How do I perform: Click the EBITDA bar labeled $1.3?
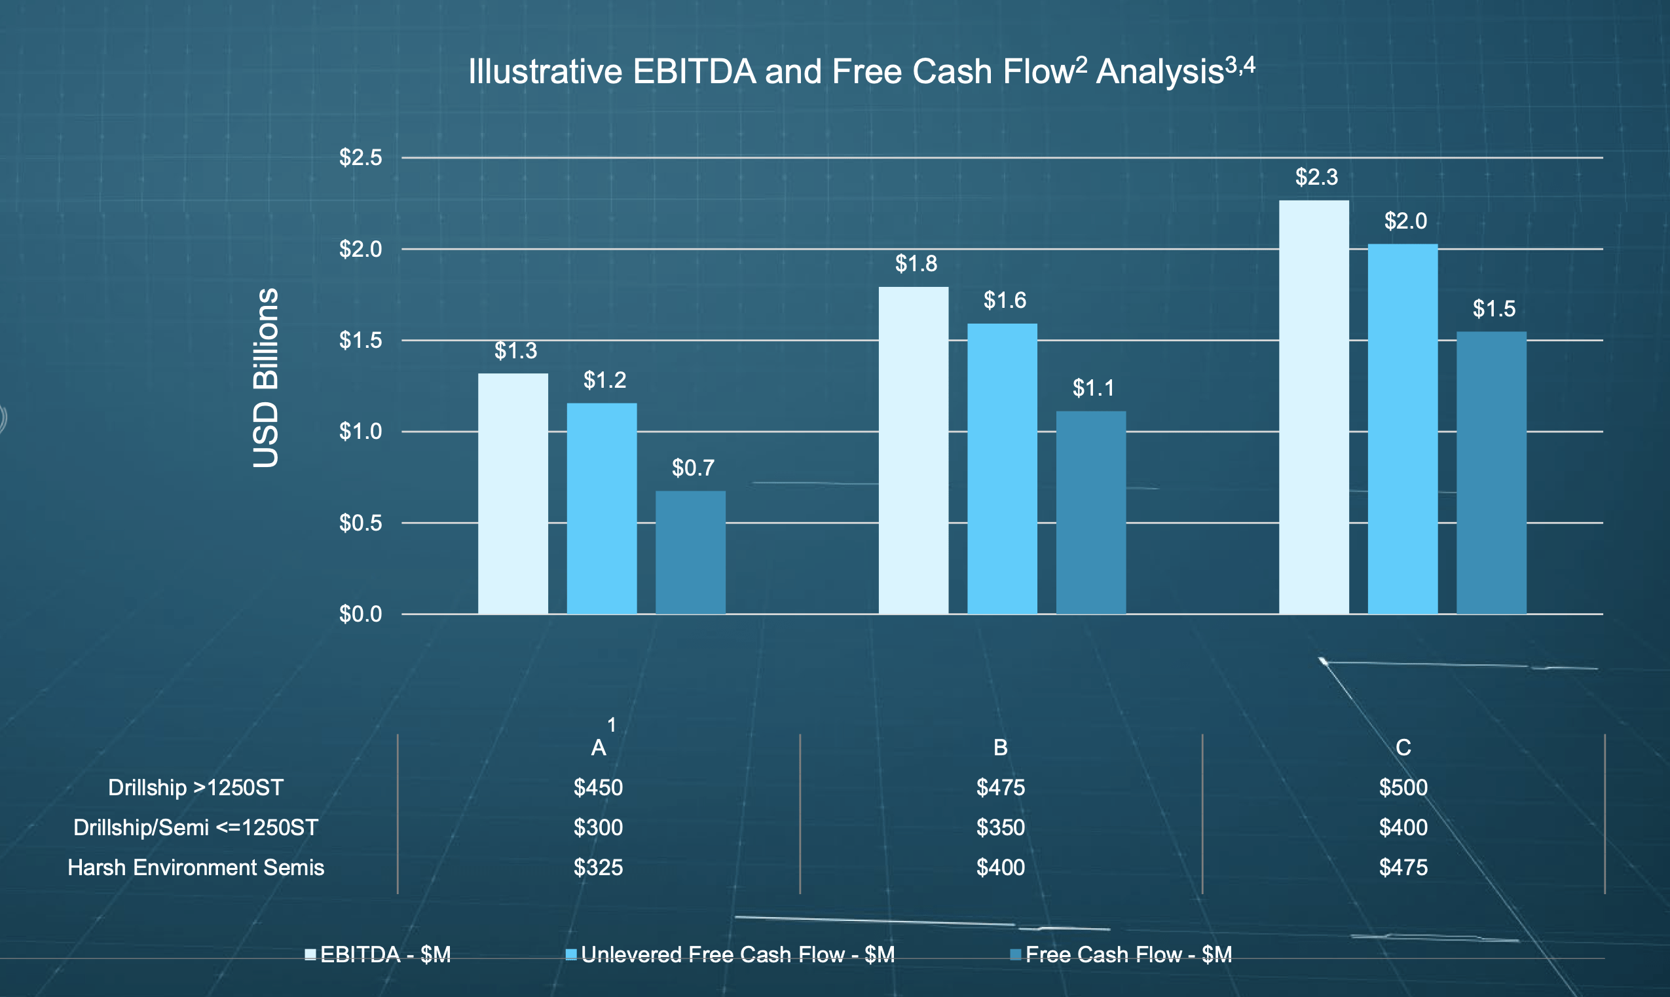click(x=513, y=494)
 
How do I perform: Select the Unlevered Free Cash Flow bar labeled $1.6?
click(x=1002, y=469)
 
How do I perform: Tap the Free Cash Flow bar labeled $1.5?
click(x=1491, y=473)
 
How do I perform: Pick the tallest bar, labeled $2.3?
click(x=1314, y=407)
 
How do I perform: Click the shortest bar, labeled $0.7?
click(x=690, y=552)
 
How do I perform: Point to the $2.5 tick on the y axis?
click(x=360, y=158)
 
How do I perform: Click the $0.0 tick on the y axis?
click(x=360, y=614)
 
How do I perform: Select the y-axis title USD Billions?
click(x=266, y=377)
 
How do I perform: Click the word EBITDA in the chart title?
click(x=694, y=72)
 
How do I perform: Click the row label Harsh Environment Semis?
click(x=196, y=867)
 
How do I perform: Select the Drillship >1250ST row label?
click(x=196, y=787)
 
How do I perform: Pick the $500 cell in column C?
click(x=1403, y=787)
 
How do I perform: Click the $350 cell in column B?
click(x=1001, y=828)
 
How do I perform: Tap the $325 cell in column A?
click(x=598, y=867)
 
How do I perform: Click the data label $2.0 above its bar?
click(x=1405, y=221)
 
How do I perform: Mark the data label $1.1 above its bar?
click(x=1093, y=388)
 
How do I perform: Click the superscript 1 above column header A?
click(x=612, y=725)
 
